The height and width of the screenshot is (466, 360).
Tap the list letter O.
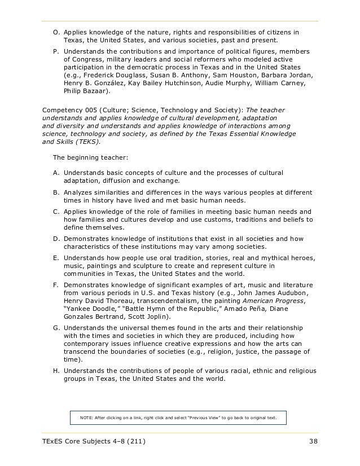[56, 32]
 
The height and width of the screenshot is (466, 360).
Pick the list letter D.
[56, 239]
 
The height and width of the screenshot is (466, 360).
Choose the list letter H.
[56, 371]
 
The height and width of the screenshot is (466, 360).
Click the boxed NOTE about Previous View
[178, 418]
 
